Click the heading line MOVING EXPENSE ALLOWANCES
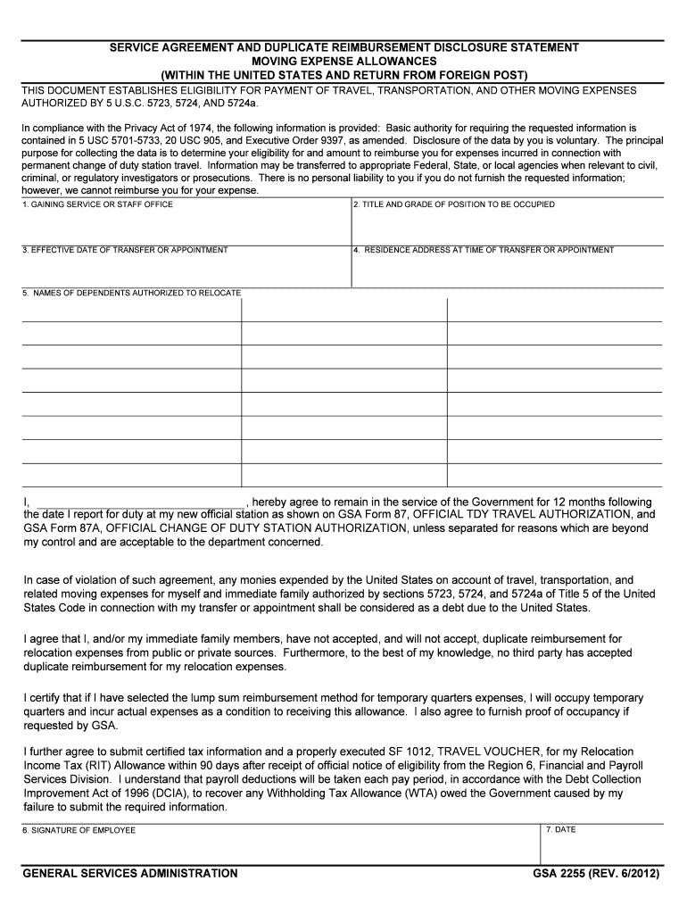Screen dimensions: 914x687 (343, 61)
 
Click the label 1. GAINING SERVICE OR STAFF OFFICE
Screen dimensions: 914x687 (98, 205)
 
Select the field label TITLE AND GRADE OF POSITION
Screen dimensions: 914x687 (454, 205)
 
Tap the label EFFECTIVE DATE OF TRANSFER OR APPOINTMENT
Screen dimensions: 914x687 (125, 250)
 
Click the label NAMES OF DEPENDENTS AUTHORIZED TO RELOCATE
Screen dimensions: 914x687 (132, 293)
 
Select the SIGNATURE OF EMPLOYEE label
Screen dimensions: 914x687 (79, 830)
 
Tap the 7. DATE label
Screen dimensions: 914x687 (561, 830)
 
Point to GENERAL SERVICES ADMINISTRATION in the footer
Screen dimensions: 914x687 (130, 874)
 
